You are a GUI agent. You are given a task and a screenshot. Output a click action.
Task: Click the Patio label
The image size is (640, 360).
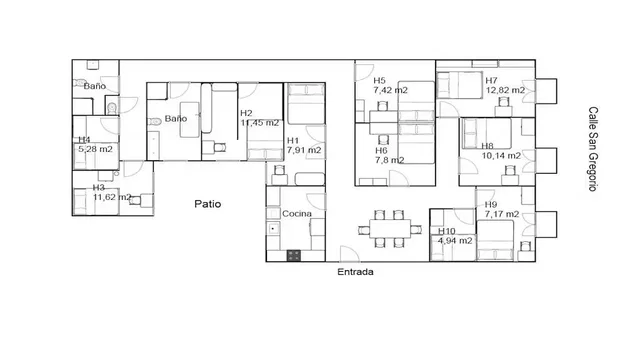point(208,204)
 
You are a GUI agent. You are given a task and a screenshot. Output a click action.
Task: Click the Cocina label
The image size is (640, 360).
point(297,215)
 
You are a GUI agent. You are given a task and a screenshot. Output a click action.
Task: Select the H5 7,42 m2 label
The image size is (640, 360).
point(388,85)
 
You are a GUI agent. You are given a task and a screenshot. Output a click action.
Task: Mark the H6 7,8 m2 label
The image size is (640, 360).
point(388,154)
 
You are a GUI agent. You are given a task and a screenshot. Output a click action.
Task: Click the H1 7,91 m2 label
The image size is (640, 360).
point(303,146)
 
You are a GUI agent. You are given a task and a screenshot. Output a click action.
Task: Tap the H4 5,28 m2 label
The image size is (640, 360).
point(93,145)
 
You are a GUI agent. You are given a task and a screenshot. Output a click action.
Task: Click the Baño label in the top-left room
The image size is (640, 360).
point(94,87)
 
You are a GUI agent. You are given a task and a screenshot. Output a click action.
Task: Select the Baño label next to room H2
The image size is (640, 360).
point(176,119)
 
